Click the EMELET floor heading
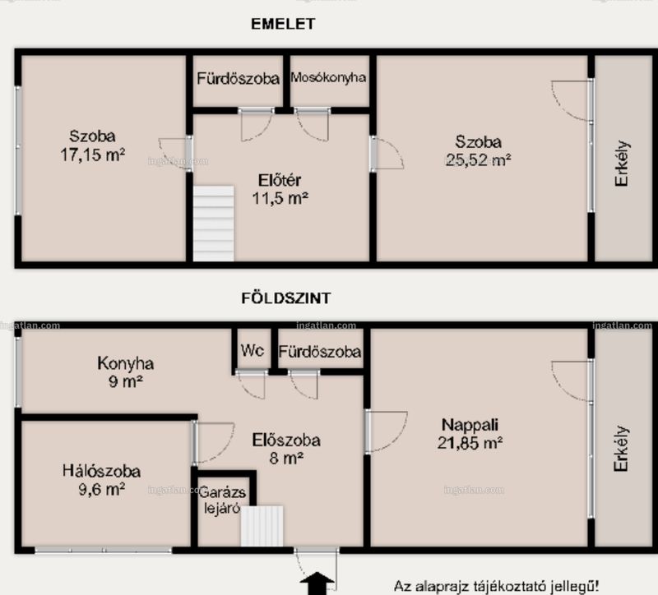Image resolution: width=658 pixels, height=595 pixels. [283, 24]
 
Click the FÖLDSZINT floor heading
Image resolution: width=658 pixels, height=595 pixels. [286, 298]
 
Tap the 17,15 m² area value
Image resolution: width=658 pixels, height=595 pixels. [93, 155]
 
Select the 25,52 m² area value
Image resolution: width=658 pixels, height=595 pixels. [479, 159]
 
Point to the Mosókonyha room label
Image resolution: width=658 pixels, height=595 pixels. [328, 77]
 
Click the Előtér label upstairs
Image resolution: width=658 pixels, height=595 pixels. [280, 180]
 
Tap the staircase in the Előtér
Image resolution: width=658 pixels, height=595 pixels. [214, 224]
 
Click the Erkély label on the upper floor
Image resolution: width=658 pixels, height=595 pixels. [622, 163]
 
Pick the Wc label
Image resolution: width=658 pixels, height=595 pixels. [253, 351]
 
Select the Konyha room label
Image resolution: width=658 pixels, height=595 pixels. [126, 363]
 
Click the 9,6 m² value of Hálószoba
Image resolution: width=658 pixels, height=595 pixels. [101, 489]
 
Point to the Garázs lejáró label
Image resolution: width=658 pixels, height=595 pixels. [222, 500]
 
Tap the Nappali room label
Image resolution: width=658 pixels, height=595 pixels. [470, 425]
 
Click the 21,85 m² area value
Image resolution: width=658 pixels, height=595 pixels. [470, 443]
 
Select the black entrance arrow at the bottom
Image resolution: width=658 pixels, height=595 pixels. [317, 583]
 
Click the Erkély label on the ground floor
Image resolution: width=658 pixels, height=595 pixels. [621, 449]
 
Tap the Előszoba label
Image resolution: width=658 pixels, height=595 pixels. [286, 440]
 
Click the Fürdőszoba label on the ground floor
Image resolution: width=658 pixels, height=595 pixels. [320, 352]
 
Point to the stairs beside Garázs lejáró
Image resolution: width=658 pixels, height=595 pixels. [262, 526]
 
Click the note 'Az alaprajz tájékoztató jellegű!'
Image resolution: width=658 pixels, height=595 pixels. [497, 586]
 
